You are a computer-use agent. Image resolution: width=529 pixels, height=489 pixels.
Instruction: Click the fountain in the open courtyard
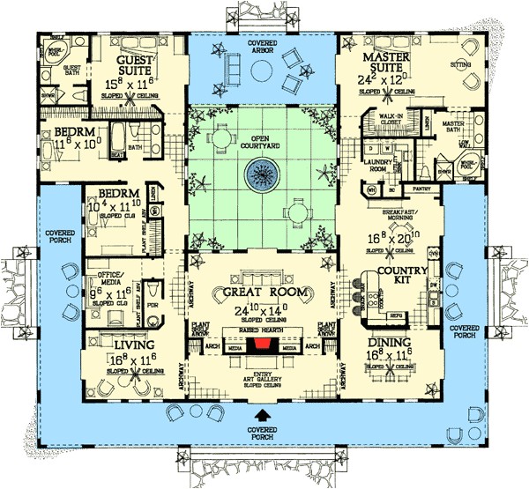click(261, 176)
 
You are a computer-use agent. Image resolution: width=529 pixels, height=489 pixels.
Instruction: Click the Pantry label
click(420, 188)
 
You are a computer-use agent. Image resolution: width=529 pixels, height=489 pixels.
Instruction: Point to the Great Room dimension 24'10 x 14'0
click(262, 310)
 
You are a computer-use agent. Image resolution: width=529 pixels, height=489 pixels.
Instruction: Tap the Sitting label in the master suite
click(483, 63)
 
